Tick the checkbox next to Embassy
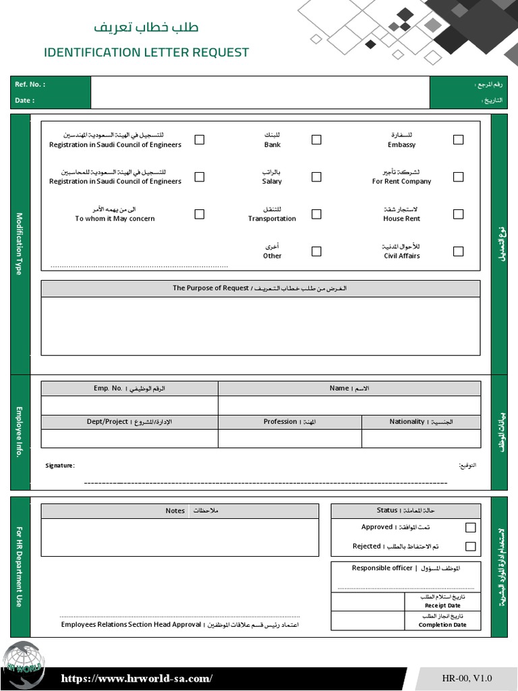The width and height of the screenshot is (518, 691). [458, 140]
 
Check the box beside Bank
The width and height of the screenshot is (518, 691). [316, 140]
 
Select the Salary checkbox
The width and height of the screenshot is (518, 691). [316, 177]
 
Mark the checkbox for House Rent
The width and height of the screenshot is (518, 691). [458, 214]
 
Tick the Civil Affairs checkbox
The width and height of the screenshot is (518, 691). [458, 251]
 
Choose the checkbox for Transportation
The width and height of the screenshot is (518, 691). [316, 214]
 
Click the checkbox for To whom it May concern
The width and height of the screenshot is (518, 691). [200, 214]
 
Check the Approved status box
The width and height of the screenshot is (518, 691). [470, 528]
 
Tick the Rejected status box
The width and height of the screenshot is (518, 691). [470, 547]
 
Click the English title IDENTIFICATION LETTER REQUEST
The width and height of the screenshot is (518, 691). [146, 53]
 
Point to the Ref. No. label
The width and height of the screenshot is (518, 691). [30, 84]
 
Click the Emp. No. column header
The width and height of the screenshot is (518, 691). [108, 389]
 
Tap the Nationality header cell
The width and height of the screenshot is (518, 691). [407, 422]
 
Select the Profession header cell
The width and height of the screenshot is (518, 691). [280, 422]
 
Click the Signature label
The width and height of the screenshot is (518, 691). [59, 466]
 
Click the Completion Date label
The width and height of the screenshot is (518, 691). [442, 625]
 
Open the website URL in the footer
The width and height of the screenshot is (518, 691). [137, 678]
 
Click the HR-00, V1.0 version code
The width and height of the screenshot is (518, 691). [467, 678]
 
